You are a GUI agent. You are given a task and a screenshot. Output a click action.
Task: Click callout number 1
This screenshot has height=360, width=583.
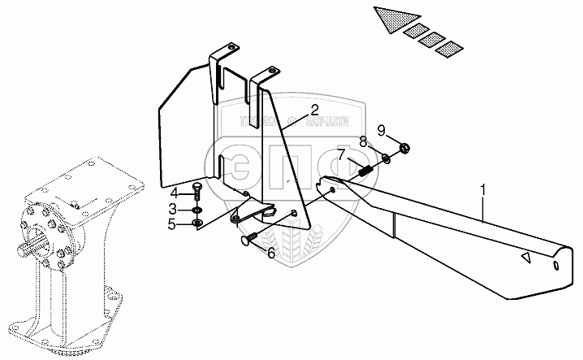(484, 193)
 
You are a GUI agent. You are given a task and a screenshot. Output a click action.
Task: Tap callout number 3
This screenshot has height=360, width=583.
(173, 208)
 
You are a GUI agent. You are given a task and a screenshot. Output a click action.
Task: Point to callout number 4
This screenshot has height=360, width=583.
(173, 193)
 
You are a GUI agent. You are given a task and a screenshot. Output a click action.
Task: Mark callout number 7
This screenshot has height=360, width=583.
(342, 154)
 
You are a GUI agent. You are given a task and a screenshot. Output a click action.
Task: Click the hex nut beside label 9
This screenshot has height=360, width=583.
(406, 148)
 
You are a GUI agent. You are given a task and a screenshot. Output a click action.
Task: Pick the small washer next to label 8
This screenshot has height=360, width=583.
(387, 158)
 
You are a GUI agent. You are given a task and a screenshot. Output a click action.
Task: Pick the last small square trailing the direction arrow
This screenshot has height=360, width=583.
(447, 51)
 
